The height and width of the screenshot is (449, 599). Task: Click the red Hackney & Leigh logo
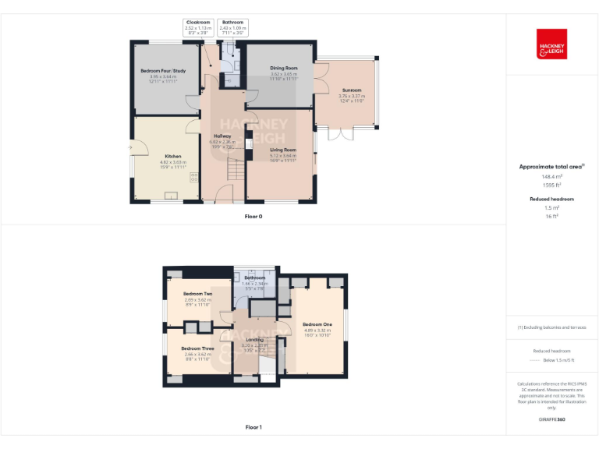[551, 44]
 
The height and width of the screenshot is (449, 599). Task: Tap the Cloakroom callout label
[198, 23]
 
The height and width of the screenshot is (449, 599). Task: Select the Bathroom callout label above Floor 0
[232, 23]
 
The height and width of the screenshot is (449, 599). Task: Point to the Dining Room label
[284, 69]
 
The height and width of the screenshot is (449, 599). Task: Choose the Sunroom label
[351, 90]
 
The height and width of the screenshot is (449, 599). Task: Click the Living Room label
[283, 149]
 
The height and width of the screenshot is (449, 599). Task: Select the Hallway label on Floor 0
[222, 136]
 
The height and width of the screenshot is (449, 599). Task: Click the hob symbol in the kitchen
[192, 178]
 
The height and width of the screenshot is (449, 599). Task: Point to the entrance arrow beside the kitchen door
[130, 147]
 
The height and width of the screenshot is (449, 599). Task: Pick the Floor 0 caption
[253, 216]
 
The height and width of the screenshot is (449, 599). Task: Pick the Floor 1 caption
[253, 427]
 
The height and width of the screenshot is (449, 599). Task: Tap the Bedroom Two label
[198, 293]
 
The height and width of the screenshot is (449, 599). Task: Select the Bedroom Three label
[197, 348]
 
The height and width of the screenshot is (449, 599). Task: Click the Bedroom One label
[317, 324]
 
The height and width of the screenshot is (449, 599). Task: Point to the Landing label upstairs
[255, 340]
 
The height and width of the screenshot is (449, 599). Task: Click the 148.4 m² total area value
[552, 177]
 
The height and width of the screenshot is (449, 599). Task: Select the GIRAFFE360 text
[551, 419]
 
